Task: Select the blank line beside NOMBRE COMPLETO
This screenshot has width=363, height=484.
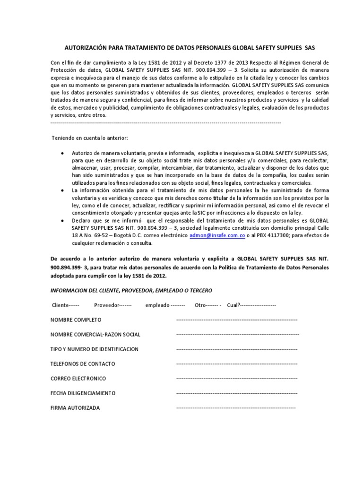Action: click(x=236, y=320)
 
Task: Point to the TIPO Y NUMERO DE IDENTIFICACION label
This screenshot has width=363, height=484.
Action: click(x=95, y=349)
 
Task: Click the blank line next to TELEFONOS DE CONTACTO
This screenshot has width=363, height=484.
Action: click(x=236, y=364)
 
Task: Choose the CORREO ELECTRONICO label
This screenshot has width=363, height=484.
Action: click(x=78, y=379)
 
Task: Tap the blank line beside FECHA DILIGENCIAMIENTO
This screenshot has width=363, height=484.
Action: click(x=236, y=393)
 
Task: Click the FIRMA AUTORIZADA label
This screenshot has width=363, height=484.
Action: click(x=75, y=408)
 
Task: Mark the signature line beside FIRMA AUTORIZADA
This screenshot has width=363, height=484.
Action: click(x=235, y=408)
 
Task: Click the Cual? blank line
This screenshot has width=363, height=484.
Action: click(x=259, y=305)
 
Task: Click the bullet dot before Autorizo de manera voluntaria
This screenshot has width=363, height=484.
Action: click(x=63, y=154)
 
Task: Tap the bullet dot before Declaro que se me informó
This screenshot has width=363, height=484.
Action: click(x=63, y=221)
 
